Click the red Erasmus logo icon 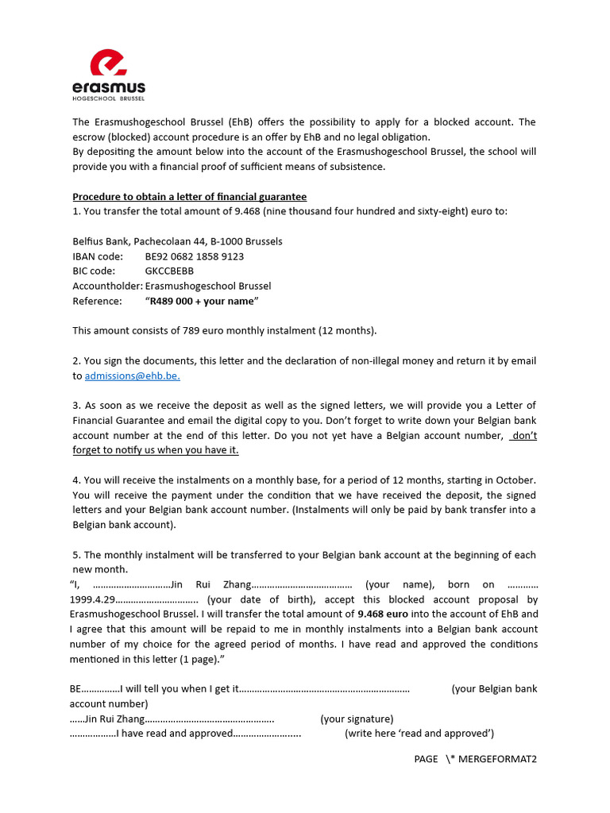click(109, 64)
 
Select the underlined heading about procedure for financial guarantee click(189, 196)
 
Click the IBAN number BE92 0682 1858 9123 click(195, 256)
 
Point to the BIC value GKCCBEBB click(169, 271)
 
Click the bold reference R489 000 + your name click(201, 301)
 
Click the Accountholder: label click(107, 286)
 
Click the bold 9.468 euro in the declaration click(383, 614)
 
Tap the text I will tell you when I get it click(180, 688)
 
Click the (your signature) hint click(357, 719)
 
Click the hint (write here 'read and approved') click(419, 733)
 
